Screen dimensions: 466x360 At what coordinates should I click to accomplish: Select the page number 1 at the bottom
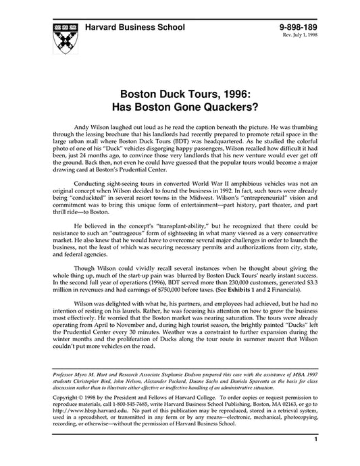(x=315, y=459)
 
